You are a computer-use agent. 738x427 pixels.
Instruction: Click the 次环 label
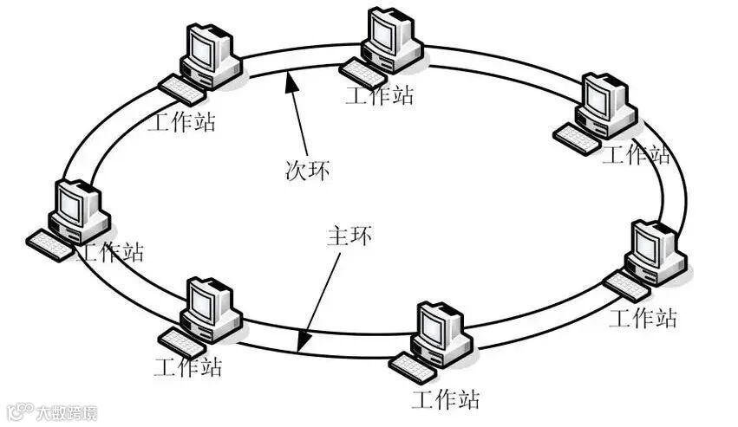pos(309,170)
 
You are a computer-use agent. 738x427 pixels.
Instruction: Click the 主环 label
pos(349,236)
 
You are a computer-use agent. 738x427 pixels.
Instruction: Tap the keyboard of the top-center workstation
pos(362,74)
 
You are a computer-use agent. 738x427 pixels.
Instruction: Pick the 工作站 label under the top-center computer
pos(380,94)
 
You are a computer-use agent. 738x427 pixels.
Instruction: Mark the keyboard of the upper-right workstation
pos(577,139)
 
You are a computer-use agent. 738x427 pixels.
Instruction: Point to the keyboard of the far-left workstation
pos(50,245)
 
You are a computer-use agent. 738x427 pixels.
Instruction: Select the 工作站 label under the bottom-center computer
pos(446,400)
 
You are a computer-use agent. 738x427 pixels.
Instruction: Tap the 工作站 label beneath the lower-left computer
pos(188,366)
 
